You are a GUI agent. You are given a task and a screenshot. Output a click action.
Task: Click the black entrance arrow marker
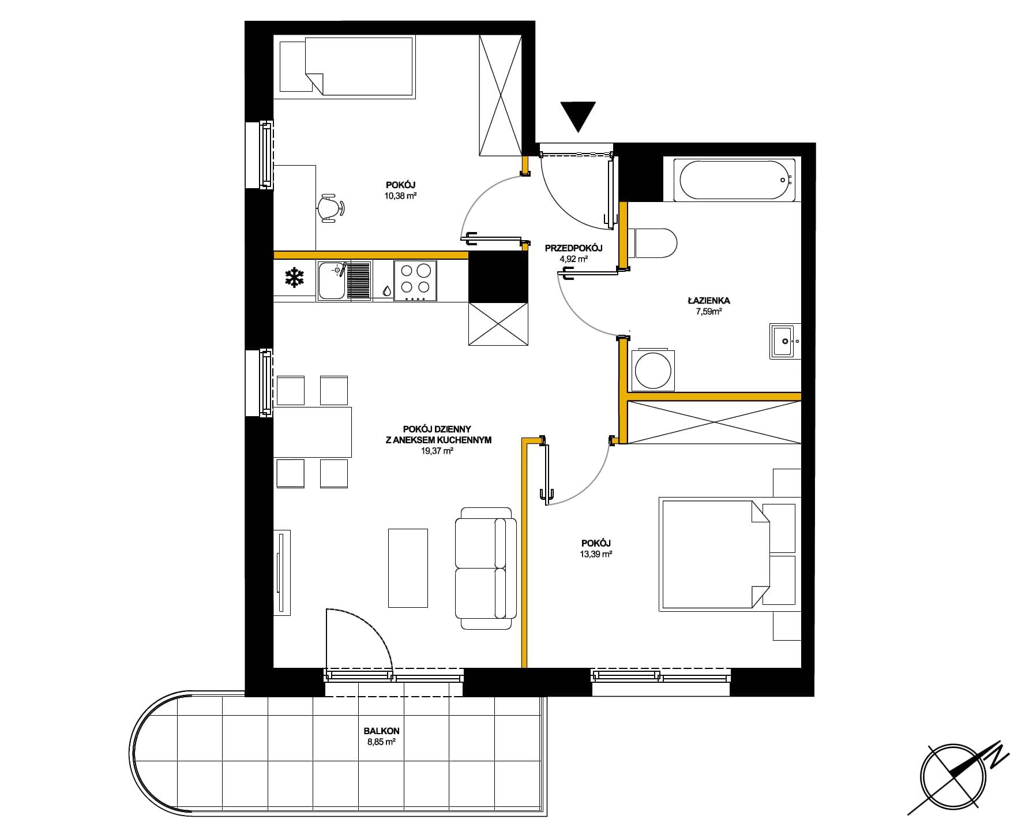(x=578, y=117)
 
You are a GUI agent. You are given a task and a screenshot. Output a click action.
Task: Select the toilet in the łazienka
(x=652, y=243)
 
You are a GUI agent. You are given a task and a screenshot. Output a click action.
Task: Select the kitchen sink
(x=344, y=281)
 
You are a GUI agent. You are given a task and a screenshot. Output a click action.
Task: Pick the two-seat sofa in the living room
(x=486, y=569)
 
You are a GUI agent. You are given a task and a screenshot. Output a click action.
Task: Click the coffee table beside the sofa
(x=408, y=568)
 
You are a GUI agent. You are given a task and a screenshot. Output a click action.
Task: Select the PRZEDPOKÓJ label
(x=573, y=248)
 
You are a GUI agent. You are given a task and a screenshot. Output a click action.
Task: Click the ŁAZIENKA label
(x=709, y=301)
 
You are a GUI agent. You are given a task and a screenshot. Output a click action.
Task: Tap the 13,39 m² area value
(x=596, y=554)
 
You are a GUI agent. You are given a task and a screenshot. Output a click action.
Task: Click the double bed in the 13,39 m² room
(x=715, y=555)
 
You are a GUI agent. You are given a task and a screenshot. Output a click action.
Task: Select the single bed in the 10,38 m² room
(x=347, y=66)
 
